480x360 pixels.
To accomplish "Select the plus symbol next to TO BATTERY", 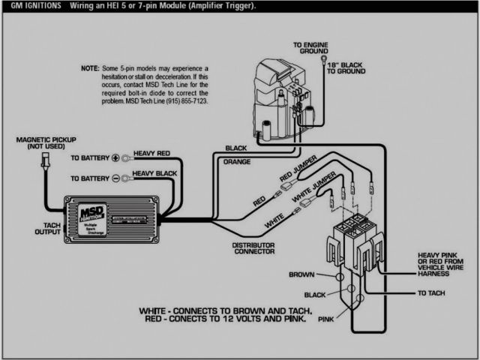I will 115,159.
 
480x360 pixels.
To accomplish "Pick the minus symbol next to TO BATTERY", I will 115,178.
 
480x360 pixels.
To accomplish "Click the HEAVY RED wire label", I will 151,154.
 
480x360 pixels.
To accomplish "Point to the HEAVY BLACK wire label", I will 154,173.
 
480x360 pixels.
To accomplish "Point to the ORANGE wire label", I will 236,161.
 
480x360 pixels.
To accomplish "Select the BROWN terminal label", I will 301,274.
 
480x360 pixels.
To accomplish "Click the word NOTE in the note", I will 89,67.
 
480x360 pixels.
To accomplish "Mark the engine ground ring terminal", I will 322,57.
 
